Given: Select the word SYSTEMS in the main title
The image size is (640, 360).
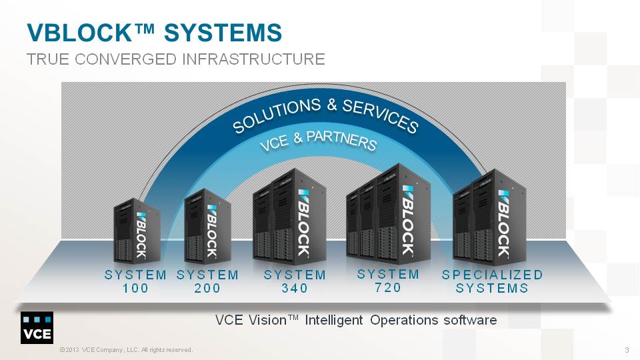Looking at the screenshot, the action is [x=223, y=33].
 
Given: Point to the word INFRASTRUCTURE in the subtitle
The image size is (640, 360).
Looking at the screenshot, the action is [x=253, y=59].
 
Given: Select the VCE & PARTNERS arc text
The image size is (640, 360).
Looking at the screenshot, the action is [x=318, y=140].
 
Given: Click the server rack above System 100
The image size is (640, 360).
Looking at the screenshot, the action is [x=137, y=231].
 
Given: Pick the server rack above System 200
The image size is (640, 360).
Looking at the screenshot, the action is [x=208, y=226].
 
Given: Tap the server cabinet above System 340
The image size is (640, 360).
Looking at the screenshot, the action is [x=289, y=216].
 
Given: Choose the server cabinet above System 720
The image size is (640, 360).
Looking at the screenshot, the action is [x=389, y=214].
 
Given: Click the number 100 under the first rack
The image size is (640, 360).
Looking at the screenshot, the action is [x=135, y=288].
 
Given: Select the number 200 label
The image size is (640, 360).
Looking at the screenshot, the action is [x=207, y=288].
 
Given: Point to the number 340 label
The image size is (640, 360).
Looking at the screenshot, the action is [x=295, y=288].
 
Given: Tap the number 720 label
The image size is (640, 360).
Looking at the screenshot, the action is [x=388, y=287].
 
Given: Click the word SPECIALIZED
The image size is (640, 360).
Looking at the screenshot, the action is [x=492, y=275].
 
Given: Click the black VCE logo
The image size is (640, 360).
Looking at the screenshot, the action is [x=37, y=328].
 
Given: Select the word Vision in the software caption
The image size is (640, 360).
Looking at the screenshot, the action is [x=268, y=320].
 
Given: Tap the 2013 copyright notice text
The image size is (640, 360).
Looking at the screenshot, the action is [x=126, y=350].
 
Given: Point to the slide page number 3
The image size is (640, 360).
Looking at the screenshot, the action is [x=627, y=350].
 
